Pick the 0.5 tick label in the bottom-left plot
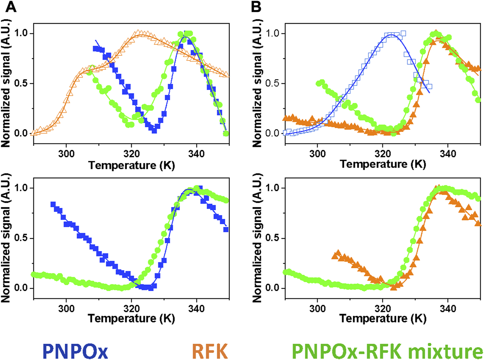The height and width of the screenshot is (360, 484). (21, 238)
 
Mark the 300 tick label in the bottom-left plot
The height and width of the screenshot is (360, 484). (66, 308)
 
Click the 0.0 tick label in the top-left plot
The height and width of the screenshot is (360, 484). (21, 133)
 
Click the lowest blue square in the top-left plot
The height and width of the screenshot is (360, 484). (154, 130)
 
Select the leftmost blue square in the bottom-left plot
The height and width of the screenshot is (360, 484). (53, 205)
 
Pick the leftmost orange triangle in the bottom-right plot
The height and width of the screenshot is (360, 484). (337, 254)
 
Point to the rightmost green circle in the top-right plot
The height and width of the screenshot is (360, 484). (478, 100)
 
